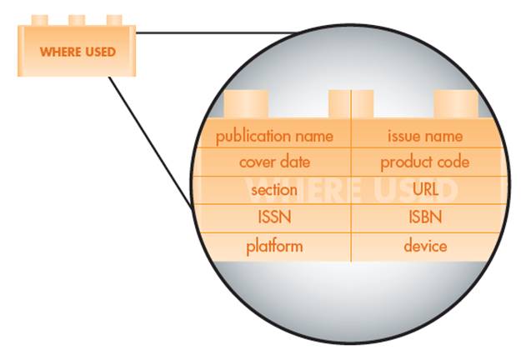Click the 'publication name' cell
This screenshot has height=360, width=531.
tap(274, 135)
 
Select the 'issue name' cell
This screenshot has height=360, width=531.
tap(425, 135)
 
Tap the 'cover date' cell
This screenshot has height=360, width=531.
tap(274, 162)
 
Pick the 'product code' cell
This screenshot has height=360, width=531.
tap(425, 162)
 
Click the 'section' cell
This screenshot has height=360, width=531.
tap(274, 190)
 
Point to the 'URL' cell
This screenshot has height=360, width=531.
tap(425, 190)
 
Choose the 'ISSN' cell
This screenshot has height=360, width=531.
tap(274, 218)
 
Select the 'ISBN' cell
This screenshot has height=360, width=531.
tap(425, 218)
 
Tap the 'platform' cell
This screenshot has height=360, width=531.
tap(274, 247)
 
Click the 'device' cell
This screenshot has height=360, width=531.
tap(425, 247)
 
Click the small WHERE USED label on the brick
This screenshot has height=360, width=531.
tap(77, 52)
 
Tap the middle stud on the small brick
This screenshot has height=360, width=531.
tap(77, 18)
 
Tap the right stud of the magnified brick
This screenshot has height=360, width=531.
tap(456, 105)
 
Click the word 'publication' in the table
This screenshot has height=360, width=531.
tap(253, 135)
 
